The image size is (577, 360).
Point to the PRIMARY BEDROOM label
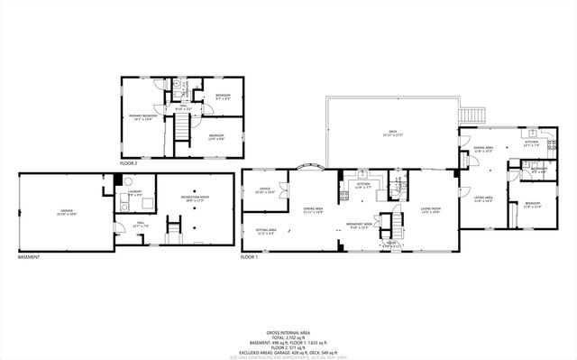(x=144, y=116)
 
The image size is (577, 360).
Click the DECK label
(x=391, y=134)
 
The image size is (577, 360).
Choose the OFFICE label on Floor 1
(x=265, y=191)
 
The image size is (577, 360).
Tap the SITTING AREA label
(x=266, y=231)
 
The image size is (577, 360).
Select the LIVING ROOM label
(x=429, y=211)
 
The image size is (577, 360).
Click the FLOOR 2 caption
(x=129, y=163)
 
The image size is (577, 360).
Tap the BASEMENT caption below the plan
(x=30, y=257)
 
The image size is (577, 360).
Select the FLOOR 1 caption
(x=250, y=257)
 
